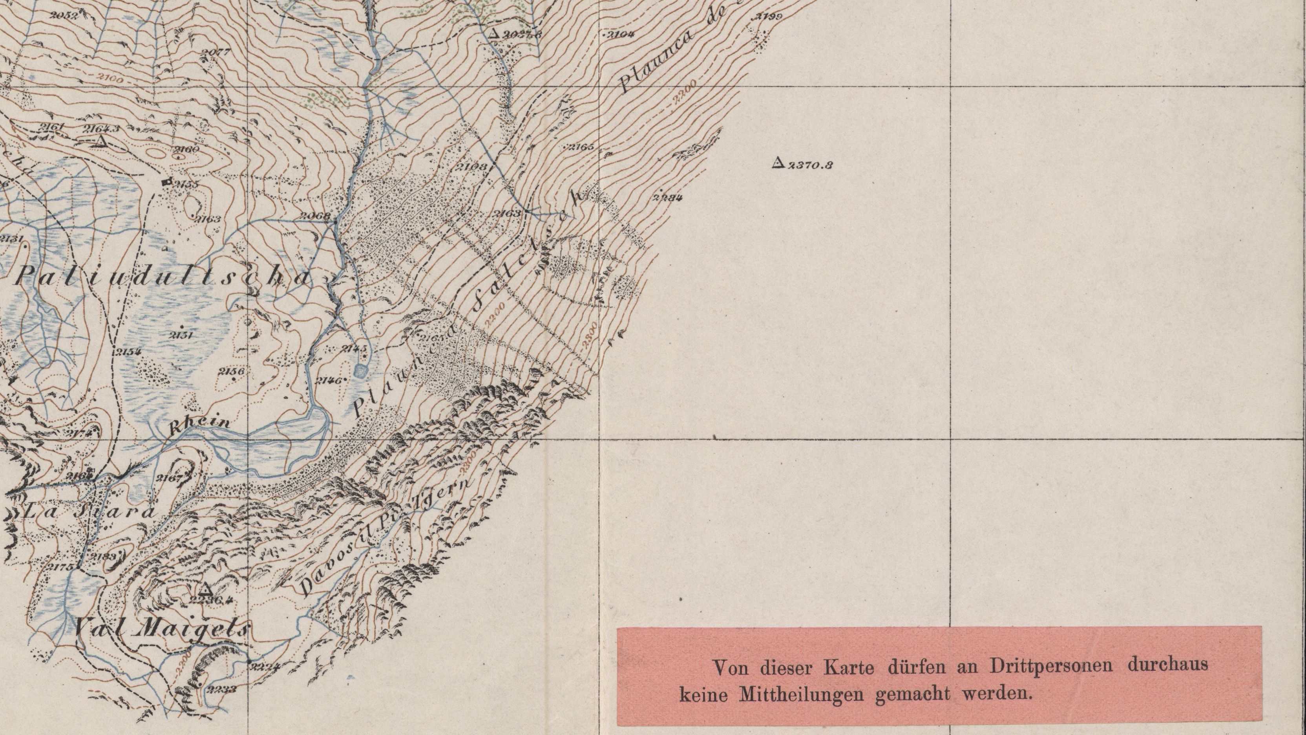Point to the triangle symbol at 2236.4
[x=205, y=589]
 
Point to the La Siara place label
[x=89, y=511]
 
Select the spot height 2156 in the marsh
[x=232, y=371]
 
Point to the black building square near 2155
[x=165, y=181]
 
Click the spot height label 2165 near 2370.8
[x=581, y=148]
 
